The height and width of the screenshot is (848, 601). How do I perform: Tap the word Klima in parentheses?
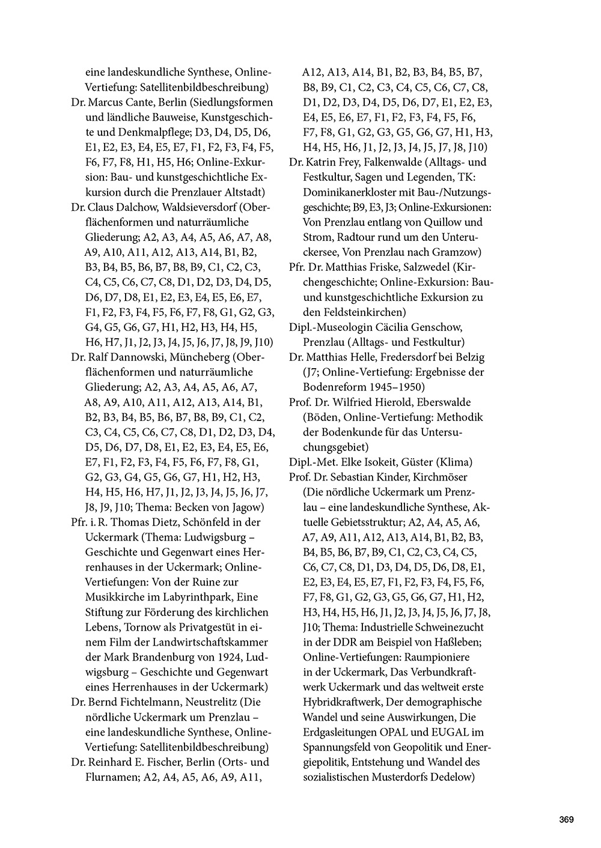click(455, 462)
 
